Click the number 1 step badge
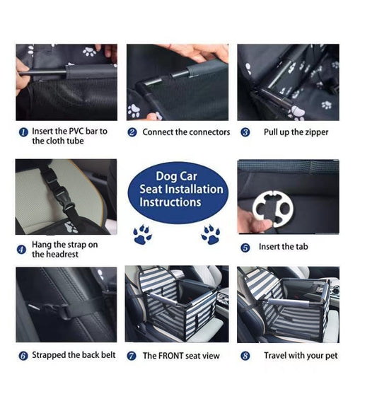23,132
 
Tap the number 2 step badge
132,132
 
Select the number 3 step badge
245,132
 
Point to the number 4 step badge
22,249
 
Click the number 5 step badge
245,248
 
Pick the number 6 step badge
23,355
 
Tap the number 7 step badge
132,356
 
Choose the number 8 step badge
245,356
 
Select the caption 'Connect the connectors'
186,132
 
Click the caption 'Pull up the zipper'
296,132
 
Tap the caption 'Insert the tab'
284,247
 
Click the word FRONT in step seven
173,356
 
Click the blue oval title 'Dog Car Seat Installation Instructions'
181,189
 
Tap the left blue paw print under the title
142,235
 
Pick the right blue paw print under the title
210,234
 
